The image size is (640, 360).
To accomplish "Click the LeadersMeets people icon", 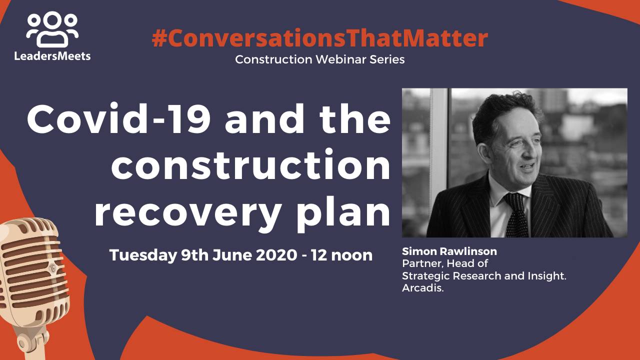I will pyautogui.click(x=52, y=29).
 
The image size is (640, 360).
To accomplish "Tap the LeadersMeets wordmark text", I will pyautogui.click(x=52, y=55).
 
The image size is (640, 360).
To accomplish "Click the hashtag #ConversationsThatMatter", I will pyautogui.click(x=319, y=38).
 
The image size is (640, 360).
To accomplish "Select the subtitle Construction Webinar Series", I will pyautogui.click(x=319, y=59).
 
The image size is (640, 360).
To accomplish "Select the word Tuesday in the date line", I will pyautogui.click(x=143, y=255).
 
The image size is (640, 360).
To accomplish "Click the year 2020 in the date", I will pyautogui.click(x=275, y=255).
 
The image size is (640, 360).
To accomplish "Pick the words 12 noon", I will pyautogui.click(x=341, y=255).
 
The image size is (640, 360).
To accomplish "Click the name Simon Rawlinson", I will pyautogui.click(x=449, y=251).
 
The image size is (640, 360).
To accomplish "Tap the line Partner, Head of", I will pyautogui.click(x=445, y=263).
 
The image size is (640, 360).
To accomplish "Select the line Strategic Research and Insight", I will pyautogui.click(x=484, y=276).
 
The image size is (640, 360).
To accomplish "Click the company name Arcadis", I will pyautogui.click(x=423, y=288).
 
